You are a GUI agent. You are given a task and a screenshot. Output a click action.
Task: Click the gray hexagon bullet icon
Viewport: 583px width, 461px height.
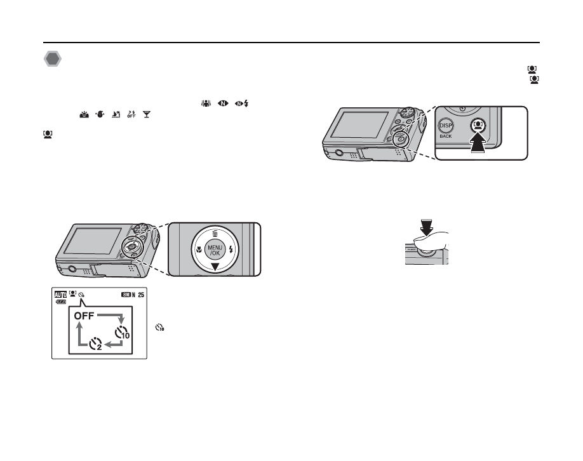(52, 60)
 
